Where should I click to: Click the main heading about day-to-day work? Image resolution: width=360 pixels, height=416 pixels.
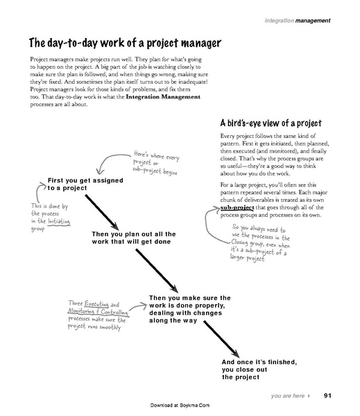point(124,42)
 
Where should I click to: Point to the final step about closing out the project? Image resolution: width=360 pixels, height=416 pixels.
point(259,370)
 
